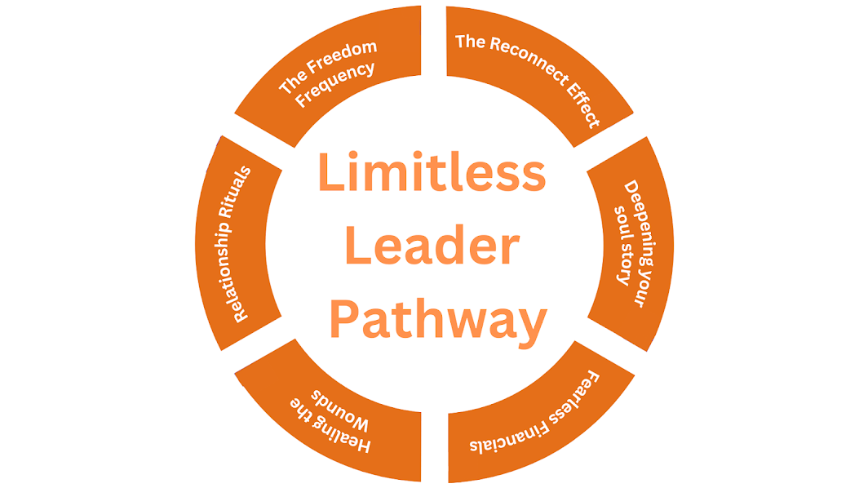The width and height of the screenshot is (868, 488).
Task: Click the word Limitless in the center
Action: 432,171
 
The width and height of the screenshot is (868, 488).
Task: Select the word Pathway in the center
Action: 438,322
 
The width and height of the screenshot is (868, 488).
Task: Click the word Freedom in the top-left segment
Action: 342,58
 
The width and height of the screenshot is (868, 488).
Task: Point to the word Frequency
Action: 335,85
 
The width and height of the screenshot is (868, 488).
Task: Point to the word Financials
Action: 509,437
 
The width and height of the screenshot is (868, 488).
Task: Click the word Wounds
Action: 339,410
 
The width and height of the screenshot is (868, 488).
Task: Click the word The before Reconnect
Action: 470,42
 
